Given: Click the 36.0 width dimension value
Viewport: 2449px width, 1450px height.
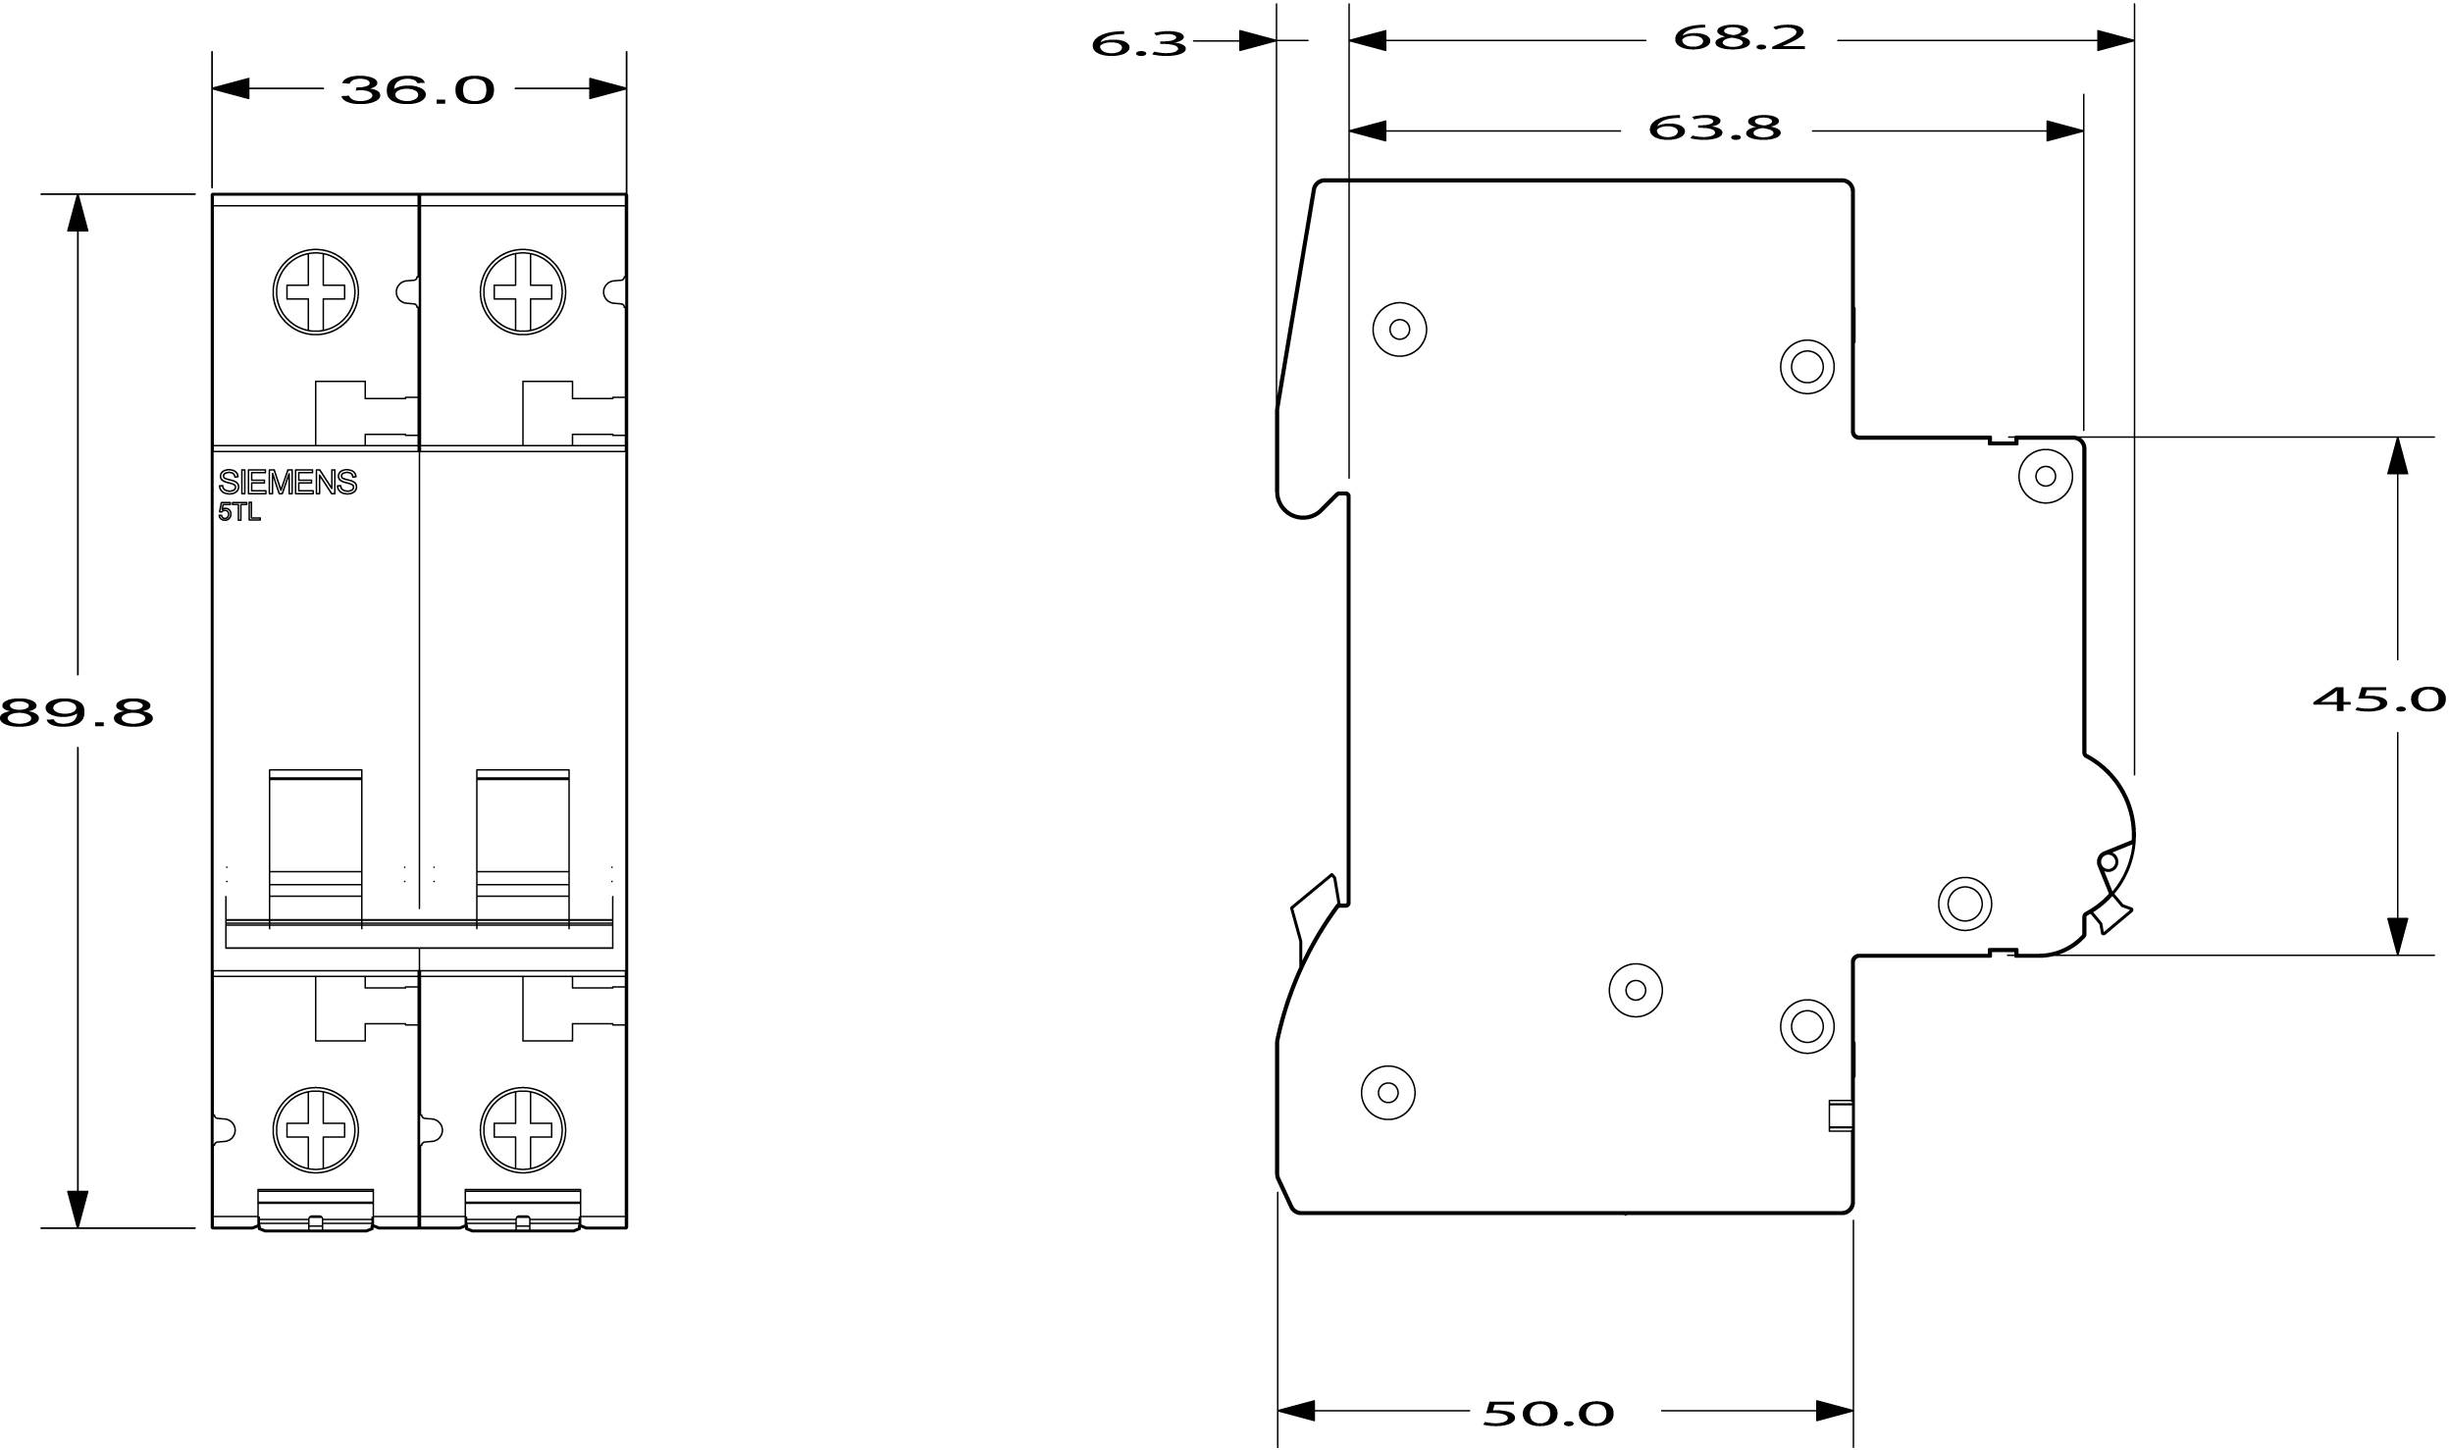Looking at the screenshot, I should pos(418,90).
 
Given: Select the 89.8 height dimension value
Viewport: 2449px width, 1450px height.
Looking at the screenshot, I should pos(77,713).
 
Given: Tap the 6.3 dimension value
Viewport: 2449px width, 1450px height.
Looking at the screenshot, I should pos(1138,43).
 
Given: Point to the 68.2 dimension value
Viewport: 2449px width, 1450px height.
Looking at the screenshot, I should pos(1739,38).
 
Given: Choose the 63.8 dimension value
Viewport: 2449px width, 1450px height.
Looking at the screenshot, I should pos(1714,128).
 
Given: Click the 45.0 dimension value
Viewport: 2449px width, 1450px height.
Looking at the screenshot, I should pos(2378,699).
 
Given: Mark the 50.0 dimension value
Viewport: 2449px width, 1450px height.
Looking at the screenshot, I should pos(1548,1414).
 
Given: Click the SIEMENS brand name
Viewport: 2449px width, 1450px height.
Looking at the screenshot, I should pos(287,482).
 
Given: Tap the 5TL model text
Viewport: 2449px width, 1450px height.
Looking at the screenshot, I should pos(239,512).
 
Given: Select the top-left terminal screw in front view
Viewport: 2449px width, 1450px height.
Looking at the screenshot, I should pos(315,291).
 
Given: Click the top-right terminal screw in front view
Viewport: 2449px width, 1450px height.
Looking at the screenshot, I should pos(523,291).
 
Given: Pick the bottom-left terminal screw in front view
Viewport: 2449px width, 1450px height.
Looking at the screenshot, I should pos(315,1129).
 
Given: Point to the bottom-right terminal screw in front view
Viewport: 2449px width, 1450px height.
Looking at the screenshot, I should pos(523,1129).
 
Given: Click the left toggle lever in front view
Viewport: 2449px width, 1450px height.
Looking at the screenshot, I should pos(315,848).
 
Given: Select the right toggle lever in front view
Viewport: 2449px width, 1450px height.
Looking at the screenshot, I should pos(523,848).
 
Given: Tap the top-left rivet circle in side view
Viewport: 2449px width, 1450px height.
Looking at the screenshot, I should pos(1399,329).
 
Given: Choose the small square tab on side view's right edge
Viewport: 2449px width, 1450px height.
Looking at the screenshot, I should pos(1841,1116).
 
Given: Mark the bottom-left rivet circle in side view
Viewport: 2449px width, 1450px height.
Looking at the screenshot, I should pos(1388,1092).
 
